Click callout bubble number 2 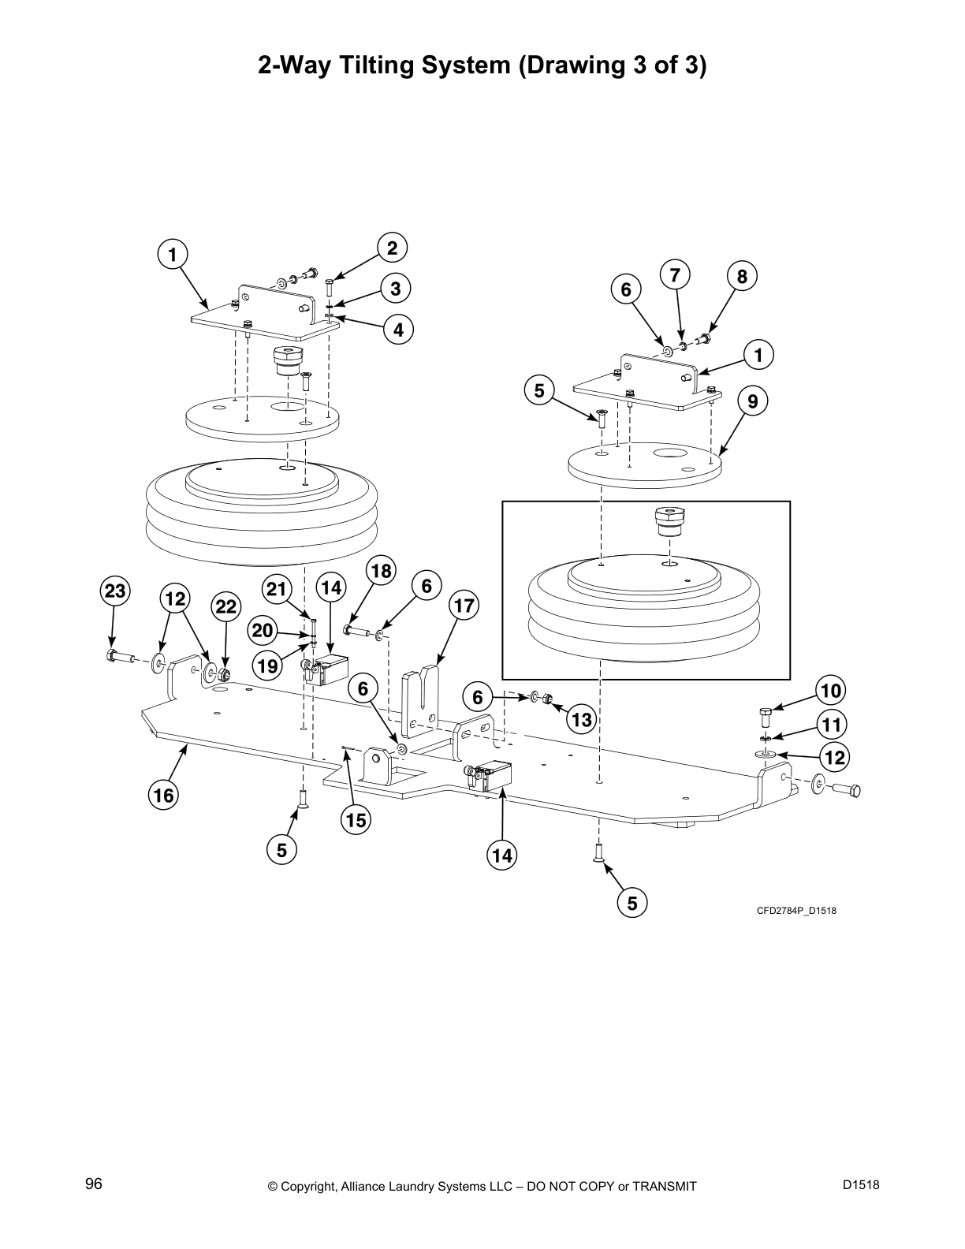(392, 248)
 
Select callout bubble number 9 (753, 401)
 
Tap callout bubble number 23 (115, 591)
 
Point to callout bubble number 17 (464, 606)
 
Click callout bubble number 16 (163, 795)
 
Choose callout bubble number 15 (356, 820)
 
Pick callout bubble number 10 (831, 691)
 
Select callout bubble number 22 (226, 606)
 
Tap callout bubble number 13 (581, 719)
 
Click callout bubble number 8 (742, 276)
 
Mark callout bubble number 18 (381, 571)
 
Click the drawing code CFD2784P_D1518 (796, 911)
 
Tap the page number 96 (94, 1184)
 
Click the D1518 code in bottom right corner (860, 1184)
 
